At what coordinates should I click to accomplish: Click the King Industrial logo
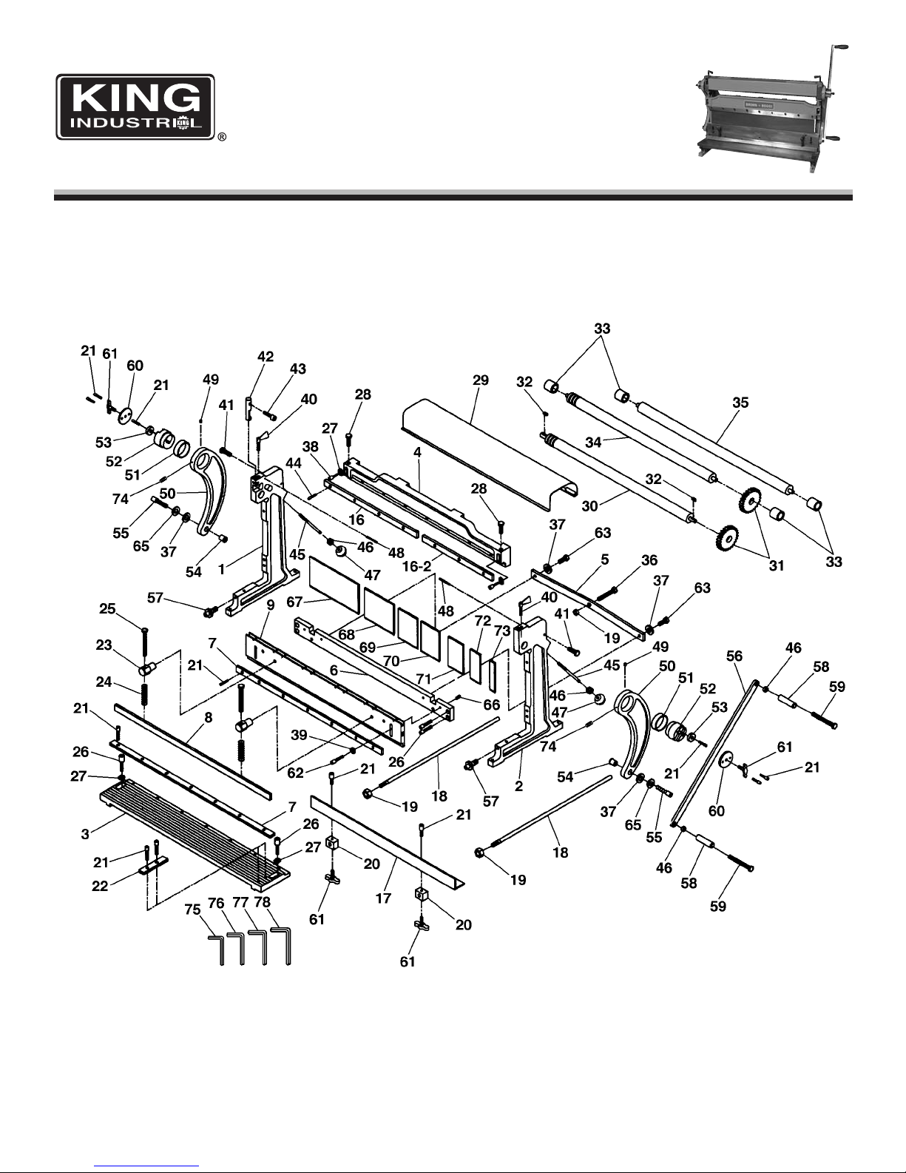coord(135,107)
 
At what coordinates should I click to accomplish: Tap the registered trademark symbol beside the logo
coord(222,137)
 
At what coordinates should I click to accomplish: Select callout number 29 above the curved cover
coord(481,380)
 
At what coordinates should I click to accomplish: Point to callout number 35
coord(740,402)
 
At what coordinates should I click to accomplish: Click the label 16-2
coord(417,566)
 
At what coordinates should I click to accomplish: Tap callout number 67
coord(294,601)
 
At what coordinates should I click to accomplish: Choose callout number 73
coord(502,631)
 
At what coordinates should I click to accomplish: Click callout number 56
coord(734,656)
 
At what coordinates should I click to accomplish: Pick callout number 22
coord(100,886)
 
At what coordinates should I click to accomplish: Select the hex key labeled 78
coord(282,946)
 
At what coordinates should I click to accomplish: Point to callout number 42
coord(266,356)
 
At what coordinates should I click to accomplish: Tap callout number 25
coord(107,608)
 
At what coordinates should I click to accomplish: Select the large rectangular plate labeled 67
coord(334,585)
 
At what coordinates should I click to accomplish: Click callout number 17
coord(383,898)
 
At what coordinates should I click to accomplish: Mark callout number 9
coord(270,605)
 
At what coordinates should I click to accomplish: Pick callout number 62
coord(296,773)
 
